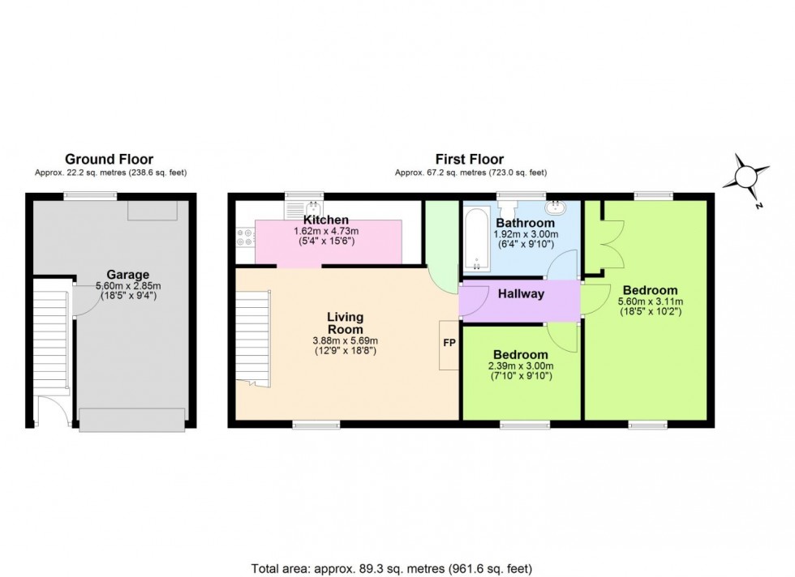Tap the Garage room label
pos(127,275)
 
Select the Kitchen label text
pos(326,220)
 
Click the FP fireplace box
pos(449,344)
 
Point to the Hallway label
pos(520,294)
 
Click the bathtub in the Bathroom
pos(475,238)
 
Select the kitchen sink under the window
pos(294,209)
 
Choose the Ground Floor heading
pos(109,160)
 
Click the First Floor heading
pos(471,160)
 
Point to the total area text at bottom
pos(397,568)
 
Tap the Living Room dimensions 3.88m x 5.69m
pos(345,340)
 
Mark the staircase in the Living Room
pos(252,336)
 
